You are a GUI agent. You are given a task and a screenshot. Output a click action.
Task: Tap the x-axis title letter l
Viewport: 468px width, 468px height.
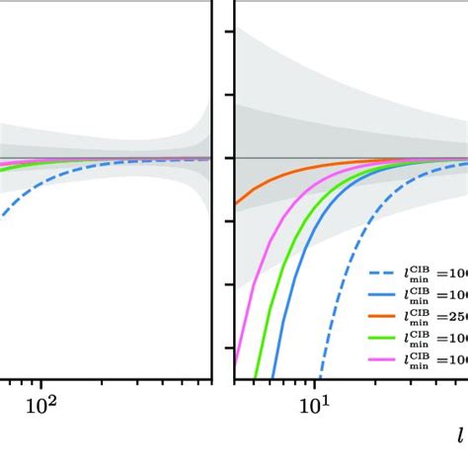pos(460,433)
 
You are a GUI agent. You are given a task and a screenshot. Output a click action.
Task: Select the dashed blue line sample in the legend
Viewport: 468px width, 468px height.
pos(388,275)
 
